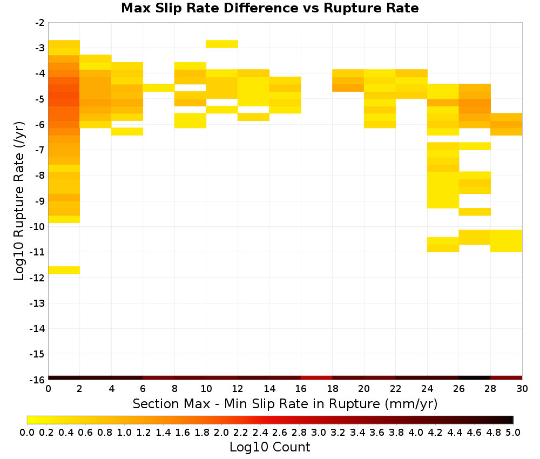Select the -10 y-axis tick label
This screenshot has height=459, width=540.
pos(37,227)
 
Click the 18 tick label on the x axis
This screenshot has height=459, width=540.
pos(332,389)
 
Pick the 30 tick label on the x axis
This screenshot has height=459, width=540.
pos(522,389)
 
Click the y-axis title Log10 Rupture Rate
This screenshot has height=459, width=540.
pos(19,201)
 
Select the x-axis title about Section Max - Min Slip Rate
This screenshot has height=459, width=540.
pos(285,403)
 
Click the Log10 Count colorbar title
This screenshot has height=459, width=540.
pos(269,447)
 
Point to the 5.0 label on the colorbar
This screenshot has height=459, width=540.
pos(513,432)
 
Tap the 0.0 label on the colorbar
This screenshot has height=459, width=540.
pos(27,432)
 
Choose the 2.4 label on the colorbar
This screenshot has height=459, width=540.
pos(260,432)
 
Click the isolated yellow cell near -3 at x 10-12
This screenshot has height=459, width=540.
pos(222,44)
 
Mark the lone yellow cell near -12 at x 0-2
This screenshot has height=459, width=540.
pos(64,271)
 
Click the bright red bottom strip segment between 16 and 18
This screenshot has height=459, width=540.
pos(316,378)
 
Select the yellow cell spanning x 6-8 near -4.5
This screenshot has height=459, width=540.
pos(159,88)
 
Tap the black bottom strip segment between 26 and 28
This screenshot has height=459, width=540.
pos(475,378)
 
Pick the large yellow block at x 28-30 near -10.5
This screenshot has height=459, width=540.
pos(507,241)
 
